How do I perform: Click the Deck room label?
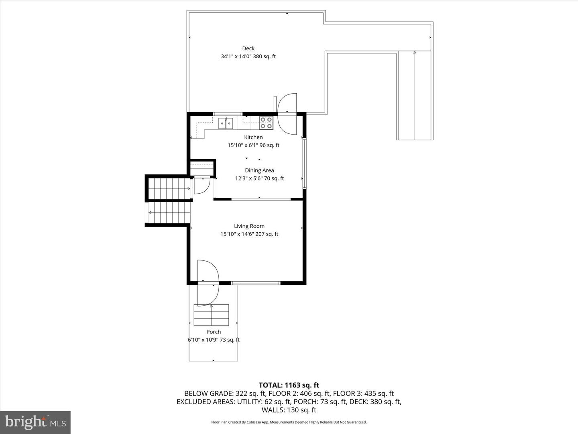coord(248,49)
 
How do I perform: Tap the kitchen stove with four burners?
coord(266,123)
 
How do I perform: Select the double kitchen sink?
coord(226,123)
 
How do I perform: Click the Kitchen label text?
coord(253,137)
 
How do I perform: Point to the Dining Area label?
coord(259,170)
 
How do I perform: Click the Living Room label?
coord(249,226)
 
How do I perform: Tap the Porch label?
coord(214,332)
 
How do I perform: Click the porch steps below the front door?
coord(211,315)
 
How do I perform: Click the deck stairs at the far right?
coord(415,96)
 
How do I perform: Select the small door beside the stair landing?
coord(201,186)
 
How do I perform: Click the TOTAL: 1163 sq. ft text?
coord(289,385)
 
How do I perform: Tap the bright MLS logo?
coord(35,422)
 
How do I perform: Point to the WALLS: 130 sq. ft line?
coord(289,410)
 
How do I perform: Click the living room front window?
coord(256,283)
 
